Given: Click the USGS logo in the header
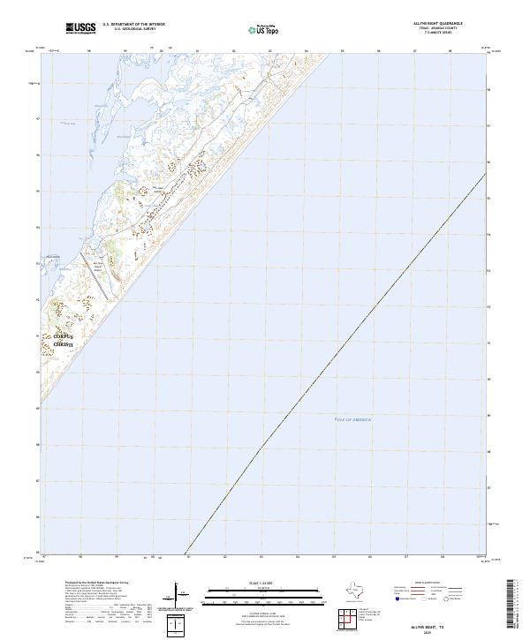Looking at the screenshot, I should coord(80,28).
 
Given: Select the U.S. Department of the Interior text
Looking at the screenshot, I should coord(133,25).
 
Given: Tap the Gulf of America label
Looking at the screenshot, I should coord(354,419).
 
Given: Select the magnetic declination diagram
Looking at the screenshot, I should coord(173,595).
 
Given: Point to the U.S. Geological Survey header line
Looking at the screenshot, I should coord(133,29).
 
